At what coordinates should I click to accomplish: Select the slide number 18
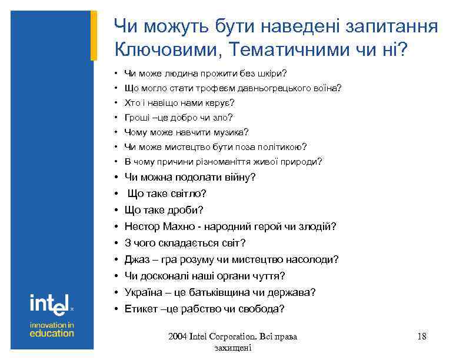[421, 336]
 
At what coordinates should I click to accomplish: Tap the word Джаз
[137, 259]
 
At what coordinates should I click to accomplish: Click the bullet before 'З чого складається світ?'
[117, 243]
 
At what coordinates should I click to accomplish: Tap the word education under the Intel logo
[52, 333]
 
